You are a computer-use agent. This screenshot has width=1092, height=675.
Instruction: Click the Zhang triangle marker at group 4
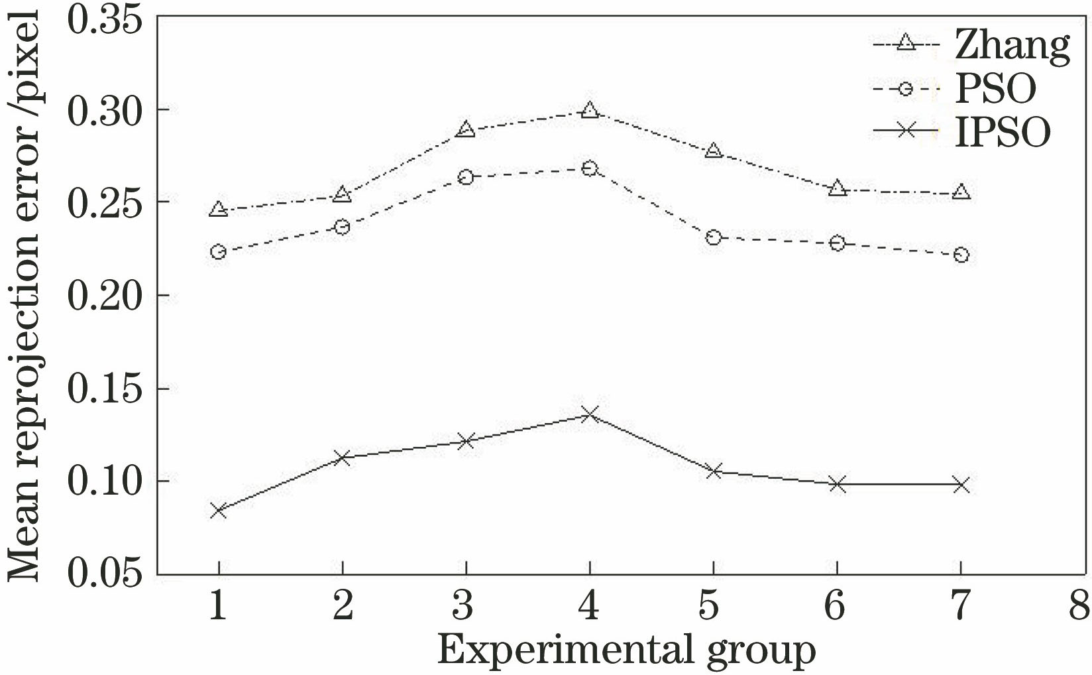coord(590,110)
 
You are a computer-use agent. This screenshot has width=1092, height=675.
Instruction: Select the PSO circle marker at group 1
coord(218,252)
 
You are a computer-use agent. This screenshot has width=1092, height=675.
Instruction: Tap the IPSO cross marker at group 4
coord(590,415)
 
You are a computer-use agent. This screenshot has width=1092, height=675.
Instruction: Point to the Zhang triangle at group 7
coord(961,192)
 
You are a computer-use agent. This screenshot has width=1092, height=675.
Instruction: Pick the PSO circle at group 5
coord(714,237)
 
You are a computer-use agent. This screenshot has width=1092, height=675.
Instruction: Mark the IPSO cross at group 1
coord(218,511)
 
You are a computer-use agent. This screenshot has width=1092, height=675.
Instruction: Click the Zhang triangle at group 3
coord(466,129)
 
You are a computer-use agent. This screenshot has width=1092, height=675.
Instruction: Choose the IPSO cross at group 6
coord(838,485)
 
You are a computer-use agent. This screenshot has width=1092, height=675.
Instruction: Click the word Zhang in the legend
coord(1012,46)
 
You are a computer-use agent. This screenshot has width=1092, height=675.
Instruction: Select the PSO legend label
coord(995,88)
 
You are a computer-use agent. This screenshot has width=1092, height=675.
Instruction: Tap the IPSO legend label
coord(1003,132)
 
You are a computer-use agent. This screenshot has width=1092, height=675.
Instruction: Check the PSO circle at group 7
coord(961,255)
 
